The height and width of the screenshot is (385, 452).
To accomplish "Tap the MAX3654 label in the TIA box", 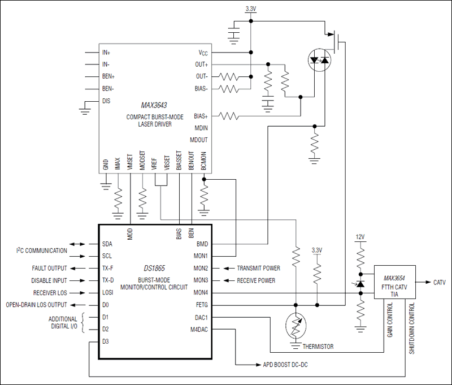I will [395, 278].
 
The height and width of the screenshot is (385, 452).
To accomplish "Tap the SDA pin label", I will [107, 244].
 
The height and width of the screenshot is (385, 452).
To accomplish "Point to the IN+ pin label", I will [106, 53].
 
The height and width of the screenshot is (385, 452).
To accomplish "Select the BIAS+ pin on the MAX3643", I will [201, 116].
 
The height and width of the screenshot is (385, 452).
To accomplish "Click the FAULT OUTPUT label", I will [49, 268].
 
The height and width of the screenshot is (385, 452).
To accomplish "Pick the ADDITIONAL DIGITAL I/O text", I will [63, 323].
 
